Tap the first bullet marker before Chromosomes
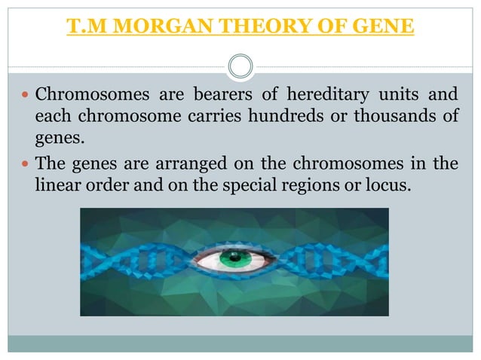click(x=26, y=97)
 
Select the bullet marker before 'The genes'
click(x=26, y=164)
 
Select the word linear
click(x=57, y=185)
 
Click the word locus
click(x=391, y=185)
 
